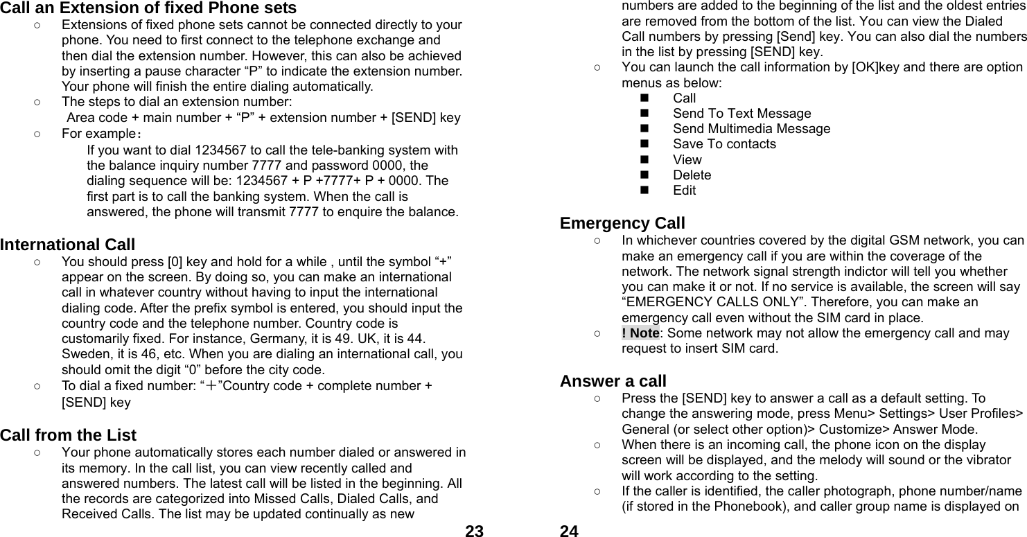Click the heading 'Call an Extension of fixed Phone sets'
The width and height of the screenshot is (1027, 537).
click(148, 8)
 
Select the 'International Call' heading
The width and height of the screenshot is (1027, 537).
click(68, 245)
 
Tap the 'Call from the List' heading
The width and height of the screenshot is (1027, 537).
click(69, 435)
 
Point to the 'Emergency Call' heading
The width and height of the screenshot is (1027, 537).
click(622, 223)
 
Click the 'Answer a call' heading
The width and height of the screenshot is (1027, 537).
click(613, 380)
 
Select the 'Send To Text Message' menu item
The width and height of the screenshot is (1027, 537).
click(741, 113)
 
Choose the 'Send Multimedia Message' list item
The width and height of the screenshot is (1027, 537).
click(751, 128)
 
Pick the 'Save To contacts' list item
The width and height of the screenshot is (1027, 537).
click(724, 143)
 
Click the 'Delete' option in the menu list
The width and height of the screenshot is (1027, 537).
click(692, 175)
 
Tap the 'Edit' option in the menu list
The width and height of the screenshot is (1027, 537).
click(684, 190)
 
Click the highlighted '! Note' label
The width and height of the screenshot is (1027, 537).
click(640, 333)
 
